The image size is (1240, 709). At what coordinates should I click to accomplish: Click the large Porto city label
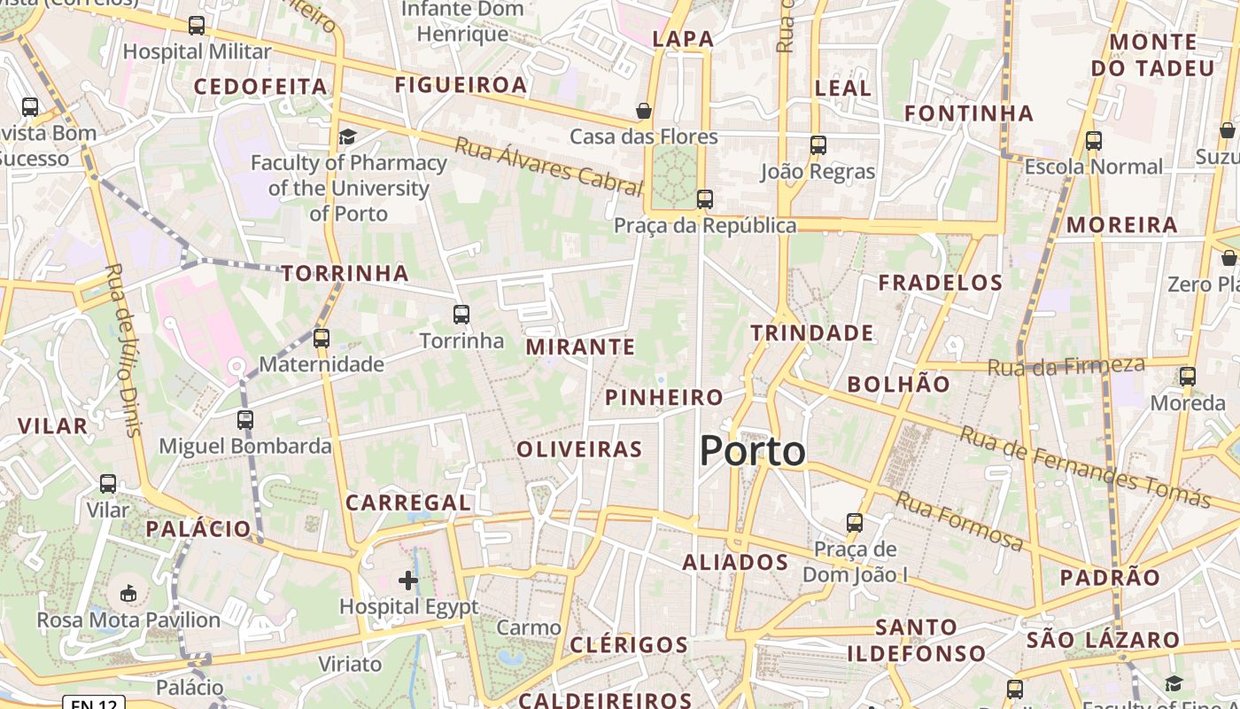753,451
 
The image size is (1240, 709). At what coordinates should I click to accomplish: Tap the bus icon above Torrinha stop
461,315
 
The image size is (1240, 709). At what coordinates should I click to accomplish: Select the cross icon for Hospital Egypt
408,580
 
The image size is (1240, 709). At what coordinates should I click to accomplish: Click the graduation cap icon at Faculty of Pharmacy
347,136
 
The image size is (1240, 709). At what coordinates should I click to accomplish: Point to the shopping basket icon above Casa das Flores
644,111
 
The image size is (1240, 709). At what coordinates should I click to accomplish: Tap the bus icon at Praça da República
705,199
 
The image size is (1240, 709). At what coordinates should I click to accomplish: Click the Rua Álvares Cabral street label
547,166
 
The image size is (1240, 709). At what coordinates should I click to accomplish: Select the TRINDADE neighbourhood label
812,333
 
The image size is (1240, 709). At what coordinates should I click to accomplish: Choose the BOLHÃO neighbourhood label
898,384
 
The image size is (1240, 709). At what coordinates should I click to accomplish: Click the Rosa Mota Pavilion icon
128,593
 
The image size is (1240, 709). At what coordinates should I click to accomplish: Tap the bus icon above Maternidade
322,338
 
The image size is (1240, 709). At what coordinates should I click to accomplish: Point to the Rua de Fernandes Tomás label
1085,466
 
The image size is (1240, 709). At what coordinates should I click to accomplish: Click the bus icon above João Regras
818,145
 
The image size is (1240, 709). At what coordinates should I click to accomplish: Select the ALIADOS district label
735,562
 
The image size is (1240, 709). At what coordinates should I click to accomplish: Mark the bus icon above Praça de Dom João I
855,523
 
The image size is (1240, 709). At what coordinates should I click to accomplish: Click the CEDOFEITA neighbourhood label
260,86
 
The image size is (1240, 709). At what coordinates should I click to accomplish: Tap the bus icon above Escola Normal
1094,140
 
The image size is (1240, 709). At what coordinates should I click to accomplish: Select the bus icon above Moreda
1188,377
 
